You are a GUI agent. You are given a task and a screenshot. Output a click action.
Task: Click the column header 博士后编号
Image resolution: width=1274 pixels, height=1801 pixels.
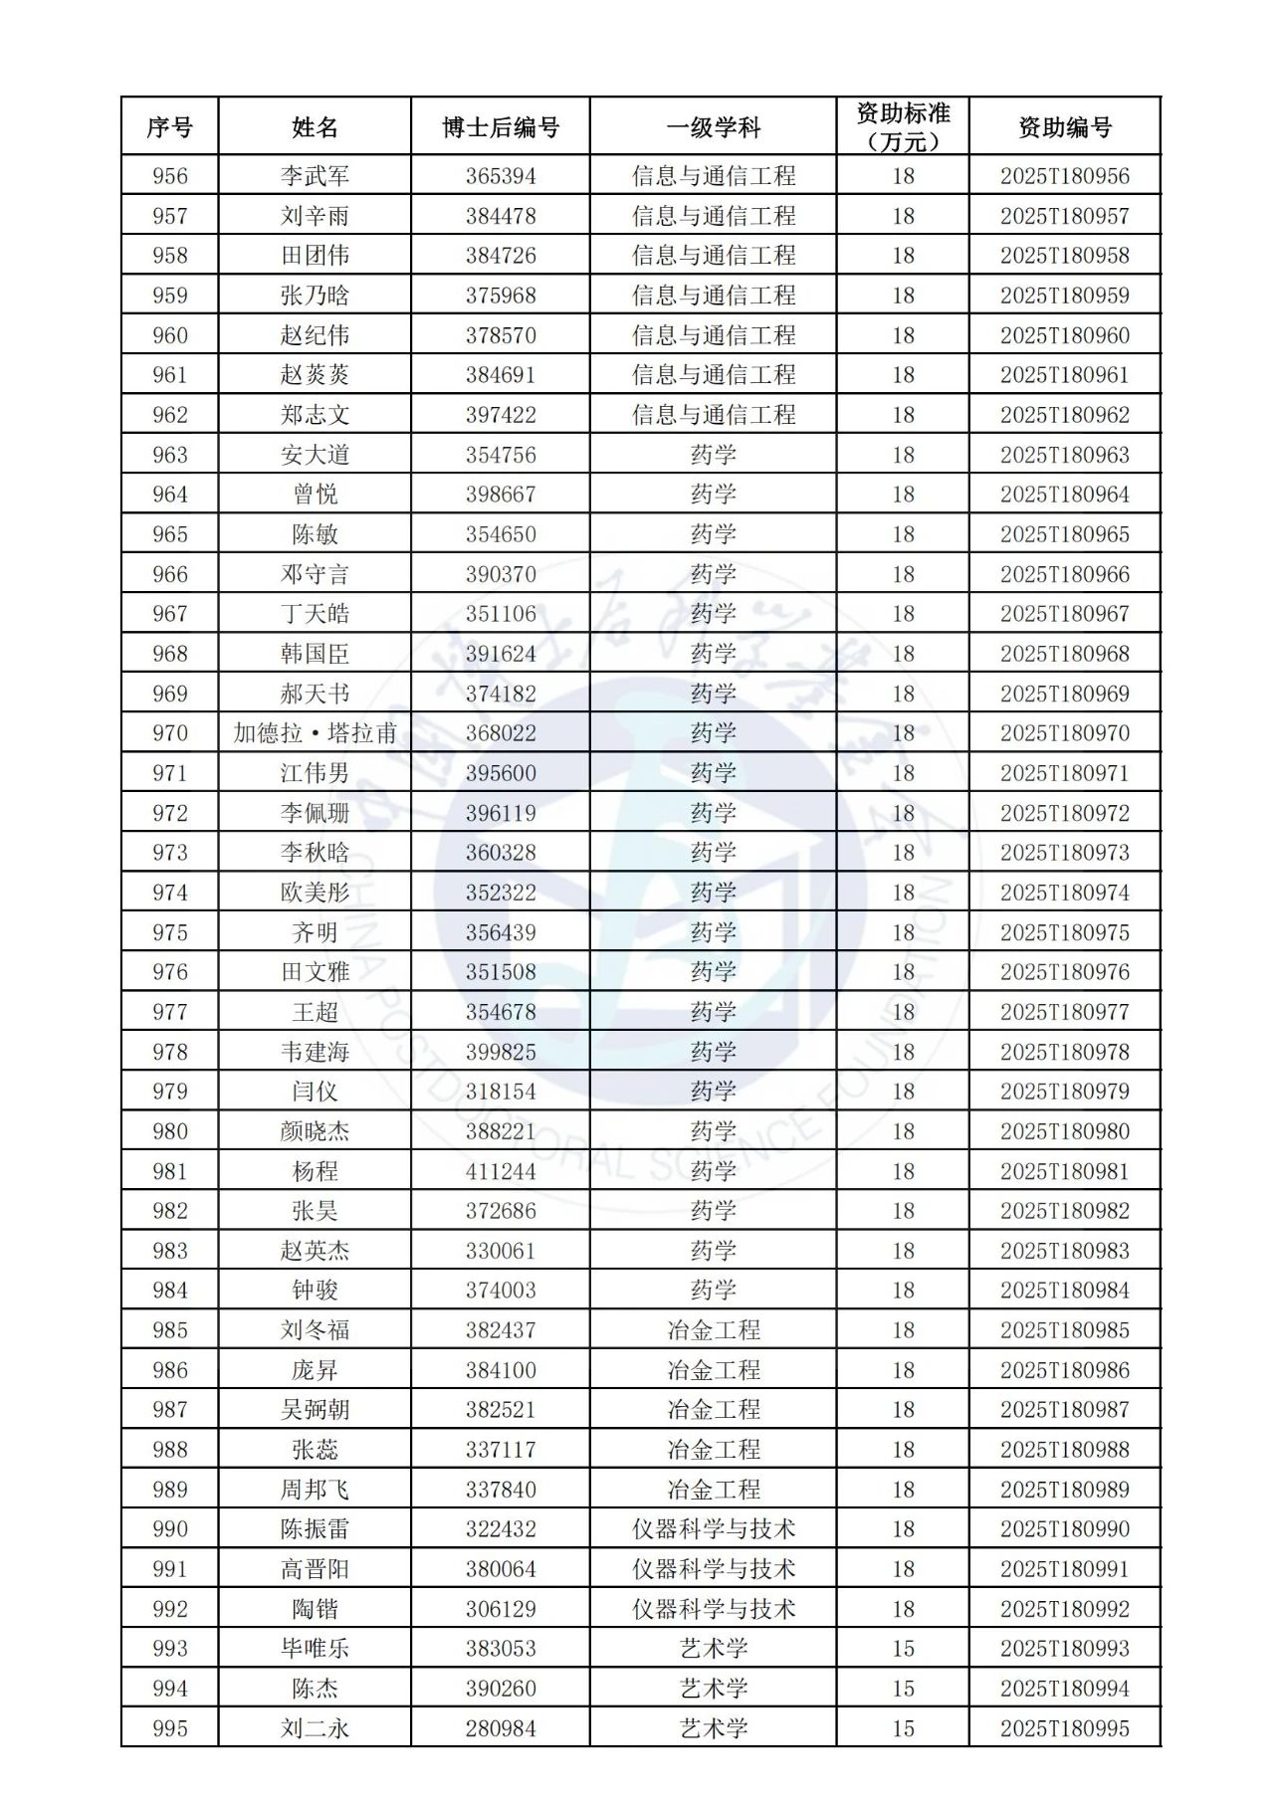tap(501, 127)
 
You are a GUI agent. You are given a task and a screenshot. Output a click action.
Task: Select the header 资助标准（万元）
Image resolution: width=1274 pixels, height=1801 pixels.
tap(903, 127)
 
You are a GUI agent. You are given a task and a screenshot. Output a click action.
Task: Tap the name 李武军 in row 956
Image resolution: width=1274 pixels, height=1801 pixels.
tap(315, 176)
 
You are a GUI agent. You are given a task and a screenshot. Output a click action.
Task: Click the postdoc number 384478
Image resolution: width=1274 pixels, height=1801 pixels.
tap(501, 216)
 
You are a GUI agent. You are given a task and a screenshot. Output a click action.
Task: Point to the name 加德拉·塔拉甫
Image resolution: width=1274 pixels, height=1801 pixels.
tap(315, 733)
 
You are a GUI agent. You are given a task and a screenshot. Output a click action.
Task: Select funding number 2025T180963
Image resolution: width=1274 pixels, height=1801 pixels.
tap(1065, 455)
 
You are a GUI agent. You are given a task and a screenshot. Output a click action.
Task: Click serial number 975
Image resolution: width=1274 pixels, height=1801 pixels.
tap(170, 932)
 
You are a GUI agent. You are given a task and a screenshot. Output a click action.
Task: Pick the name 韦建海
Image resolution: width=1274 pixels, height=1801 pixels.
tap(315, 1052)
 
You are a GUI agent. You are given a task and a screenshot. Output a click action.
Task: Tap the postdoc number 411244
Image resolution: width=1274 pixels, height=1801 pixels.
tap(501, 1171)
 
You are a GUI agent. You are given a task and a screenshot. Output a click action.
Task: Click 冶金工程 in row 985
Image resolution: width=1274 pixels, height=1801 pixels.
tap(714, 1330)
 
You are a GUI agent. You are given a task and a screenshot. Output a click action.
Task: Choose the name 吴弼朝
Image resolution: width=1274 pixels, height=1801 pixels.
tap(315, 1410)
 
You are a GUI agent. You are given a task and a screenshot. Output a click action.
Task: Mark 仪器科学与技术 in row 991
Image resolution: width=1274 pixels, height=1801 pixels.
tap(714, 1569)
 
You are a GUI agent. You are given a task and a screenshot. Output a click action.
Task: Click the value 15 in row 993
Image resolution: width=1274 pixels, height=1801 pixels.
tap(903, 1649)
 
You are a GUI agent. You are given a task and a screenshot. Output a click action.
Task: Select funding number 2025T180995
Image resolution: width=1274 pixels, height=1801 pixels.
tap(1065, 1728)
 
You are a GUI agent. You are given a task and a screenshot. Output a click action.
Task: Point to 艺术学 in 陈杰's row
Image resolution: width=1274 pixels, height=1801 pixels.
tap(714, 1689)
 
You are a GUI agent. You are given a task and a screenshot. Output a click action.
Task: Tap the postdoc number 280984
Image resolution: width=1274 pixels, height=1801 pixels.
tap(501, 1728)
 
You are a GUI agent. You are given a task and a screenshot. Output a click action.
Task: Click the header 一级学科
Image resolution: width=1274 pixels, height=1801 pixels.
tap(714, 127)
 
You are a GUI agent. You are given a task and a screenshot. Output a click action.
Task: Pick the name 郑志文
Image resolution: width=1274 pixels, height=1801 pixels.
tap(315, 415)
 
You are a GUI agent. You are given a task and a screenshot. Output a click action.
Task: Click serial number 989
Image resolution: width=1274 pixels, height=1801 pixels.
tap(170, 1490)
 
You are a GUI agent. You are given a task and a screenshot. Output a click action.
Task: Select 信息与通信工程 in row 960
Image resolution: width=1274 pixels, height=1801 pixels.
tap(714, 335)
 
